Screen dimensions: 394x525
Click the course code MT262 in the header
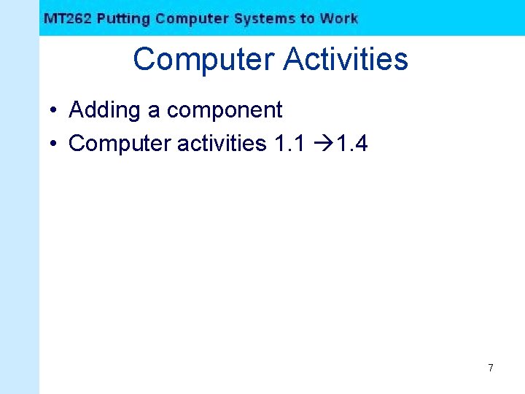(67, 19)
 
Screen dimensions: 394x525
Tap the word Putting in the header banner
(123, 19)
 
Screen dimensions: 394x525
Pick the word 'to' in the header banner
(305, 19)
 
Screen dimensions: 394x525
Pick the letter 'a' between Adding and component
(154, 112)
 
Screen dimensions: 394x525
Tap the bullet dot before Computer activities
(55, 144)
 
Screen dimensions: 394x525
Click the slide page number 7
(490, 368)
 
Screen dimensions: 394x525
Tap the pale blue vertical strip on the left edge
(19, 219)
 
